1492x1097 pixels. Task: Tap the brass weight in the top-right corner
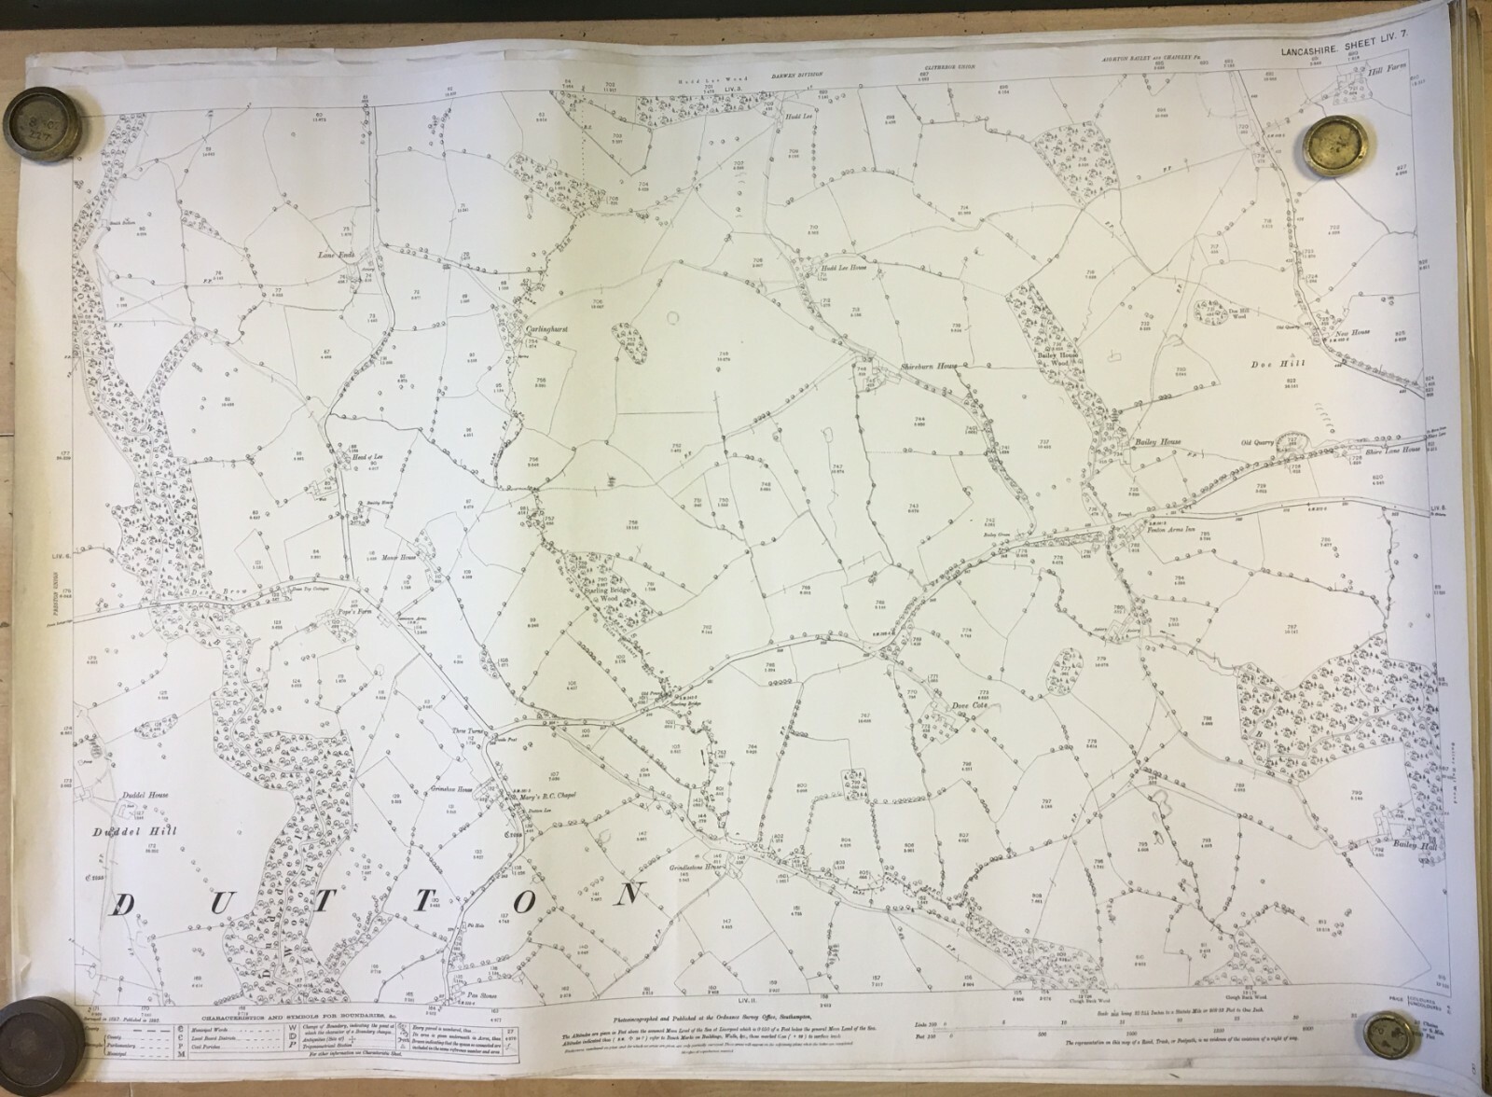1336,146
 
